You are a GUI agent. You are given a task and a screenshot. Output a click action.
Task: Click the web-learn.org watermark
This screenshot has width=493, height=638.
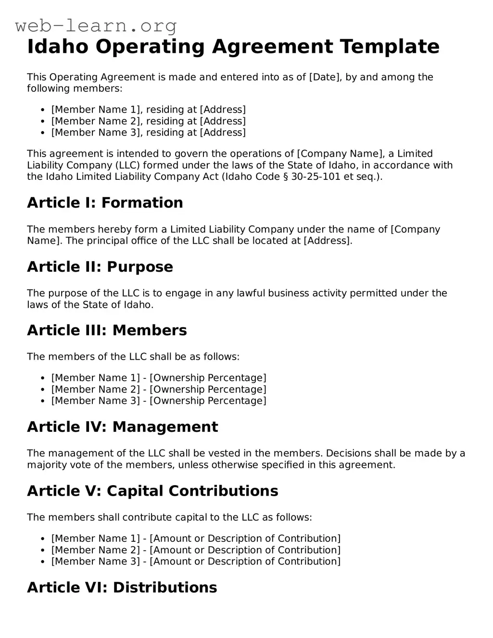(x=96, y=25)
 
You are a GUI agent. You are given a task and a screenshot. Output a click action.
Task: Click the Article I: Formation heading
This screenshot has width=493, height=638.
(x=105, y=203)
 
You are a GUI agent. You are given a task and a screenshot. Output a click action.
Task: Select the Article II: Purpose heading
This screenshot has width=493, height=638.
(x=100, y=267)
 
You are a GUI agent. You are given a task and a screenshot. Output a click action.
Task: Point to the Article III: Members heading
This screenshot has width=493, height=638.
(x=107, y=330)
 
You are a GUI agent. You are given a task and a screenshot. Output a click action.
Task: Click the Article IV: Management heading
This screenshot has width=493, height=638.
(x=122, y=427)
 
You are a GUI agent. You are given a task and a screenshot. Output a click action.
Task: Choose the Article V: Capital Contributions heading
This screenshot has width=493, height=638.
(x=152, y=491)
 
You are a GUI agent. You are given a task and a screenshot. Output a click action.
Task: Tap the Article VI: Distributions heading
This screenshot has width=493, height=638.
(x=122, y=588)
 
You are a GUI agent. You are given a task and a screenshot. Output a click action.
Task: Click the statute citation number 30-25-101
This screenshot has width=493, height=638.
(x=316, y=176)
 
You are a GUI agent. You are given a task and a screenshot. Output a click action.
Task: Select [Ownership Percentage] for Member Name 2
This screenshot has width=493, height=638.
(x=208, y=389)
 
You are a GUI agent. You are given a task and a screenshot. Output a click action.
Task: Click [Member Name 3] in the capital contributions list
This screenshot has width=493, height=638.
(x=95, y=562)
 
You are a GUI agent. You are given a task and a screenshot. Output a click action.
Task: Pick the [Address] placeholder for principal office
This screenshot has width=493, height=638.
(x=328, y=241)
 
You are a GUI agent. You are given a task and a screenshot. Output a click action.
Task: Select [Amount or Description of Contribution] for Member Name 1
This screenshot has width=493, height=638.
(x=245, y=538)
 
